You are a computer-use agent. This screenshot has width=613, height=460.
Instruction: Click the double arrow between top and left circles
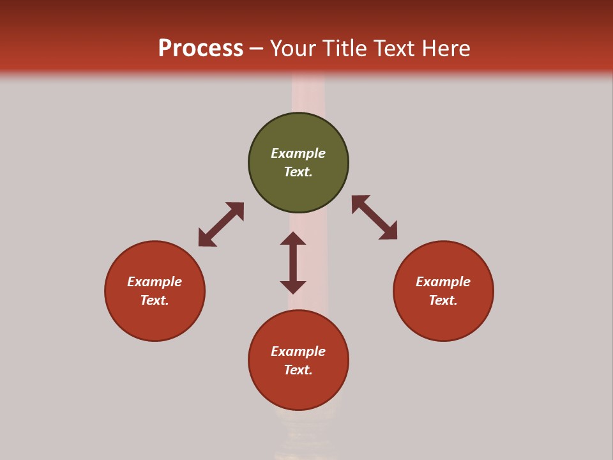click(x=221, y=224)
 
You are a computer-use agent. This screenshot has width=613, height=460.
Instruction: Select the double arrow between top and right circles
click(x=374, y=217)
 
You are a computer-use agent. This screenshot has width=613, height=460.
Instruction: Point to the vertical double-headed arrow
click(x=293, y=263)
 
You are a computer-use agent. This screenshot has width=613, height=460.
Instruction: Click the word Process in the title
click(x=201, y=48)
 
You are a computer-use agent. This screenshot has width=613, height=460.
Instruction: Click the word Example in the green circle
click(x=298, y=153)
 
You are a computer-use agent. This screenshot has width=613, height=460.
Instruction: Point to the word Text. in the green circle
click(x=298, y=172)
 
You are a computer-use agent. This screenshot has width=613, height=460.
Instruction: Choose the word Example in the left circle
click(x=155, y=282)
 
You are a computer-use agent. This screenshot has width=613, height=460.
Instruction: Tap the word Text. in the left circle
click(x=155, y=300)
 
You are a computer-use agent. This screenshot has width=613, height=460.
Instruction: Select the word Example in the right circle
click(x=443, y=282)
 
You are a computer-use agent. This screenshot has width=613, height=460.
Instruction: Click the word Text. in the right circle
click(x=443, y=300)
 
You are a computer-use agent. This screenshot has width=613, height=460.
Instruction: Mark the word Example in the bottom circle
click(x=298, y=351)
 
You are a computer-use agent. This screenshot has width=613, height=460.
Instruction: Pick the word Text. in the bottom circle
click(x=298, y=370)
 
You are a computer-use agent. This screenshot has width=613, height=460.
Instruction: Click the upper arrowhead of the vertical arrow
click(x=293, y=238)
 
